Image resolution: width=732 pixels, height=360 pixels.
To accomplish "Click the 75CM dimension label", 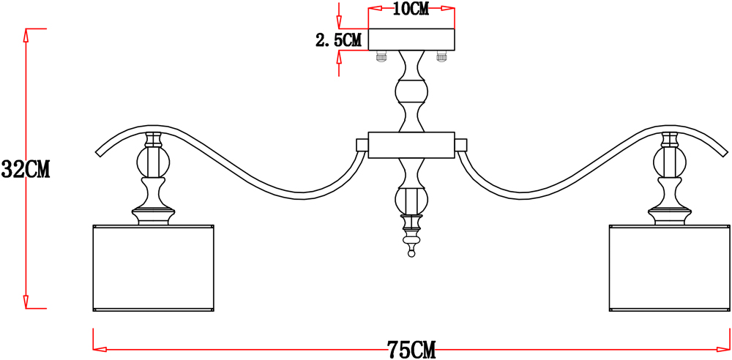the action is point(411,350).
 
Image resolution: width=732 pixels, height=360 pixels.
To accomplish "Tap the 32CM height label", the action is point(25,169).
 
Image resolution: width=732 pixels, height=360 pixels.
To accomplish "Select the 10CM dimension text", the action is point(411,9).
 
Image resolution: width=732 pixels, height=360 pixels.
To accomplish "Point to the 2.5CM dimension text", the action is point(339,40).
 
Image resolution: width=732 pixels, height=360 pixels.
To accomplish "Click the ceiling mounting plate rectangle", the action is point(411,40).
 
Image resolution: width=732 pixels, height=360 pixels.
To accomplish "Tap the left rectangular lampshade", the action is point(154,268).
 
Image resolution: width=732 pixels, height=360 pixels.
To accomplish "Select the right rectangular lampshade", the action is point(670,268).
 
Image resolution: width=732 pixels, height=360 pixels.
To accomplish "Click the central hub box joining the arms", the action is point(411,145).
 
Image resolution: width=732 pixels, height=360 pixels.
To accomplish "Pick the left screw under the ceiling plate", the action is point(382,57).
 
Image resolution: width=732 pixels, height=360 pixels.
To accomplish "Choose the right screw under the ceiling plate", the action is point(441,57).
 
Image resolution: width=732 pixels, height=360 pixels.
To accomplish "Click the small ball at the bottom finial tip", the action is point(411,254).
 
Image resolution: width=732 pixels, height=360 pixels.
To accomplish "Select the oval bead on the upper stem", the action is point(411,91).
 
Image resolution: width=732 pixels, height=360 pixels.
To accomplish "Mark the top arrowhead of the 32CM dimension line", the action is point(26,34).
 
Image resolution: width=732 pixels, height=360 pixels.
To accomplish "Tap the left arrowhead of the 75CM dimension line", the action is point(100,349).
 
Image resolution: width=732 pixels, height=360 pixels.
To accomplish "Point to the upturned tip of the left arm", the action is point(99,153).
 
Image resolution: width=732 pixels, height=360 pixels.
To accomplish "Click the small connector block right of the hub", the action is point(460,145).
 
